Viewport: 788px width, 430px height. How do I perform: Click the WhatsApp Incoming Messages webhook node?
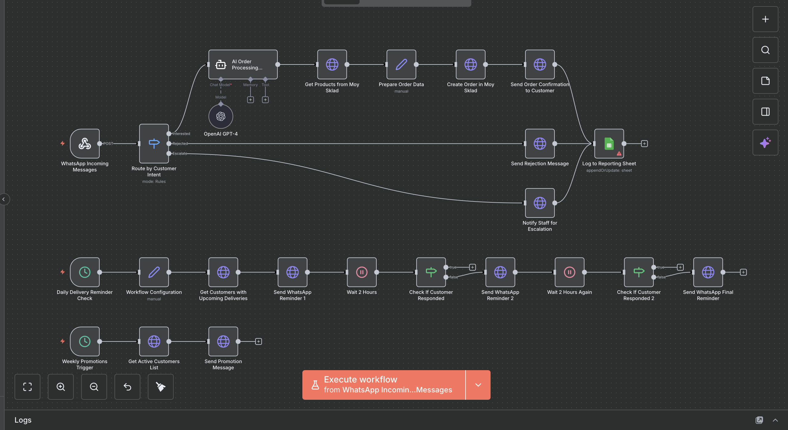[85, 143]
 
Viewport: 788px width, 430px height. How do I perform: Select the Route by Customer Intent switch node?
[154, 143]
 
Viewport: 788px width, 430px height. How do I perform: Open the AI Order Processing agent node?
[243, 64]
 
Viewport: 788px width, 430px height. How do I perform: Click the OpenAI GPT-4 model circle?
[221, 116]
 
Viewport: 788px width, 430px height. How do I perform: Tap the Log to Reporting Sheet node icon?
[609, 143]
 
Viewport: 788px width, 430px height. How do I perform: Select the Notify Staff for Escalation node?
[540, 203]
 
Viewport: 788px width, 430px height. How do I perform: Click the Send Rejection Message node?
[540, 143]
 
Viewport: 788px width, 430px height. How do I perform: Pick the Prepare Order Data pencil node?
[401, 64]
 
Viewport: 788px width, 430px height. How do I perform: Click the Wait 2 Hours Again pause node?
[569, 272]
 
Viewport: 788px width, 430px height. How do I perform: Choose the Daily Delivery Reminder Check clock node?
[85, 272]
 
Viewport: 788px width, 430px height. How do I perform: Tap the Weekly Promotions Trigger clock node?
[85, 341]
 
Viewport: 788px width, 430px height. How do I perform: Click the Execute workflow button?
[384, 385]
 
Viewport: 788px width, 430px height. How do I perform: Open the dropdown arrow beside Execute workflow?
[478, 385]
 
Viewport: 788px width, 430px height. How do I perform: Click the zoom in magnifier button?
[61, 387]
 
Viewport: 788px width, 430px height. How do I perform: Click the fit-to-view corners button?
[27, 387]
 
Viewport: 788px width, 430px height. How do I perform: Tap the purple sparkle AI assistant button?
[765, 143]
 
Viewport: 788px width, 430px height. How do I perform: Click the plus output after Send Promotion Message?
[259, 341]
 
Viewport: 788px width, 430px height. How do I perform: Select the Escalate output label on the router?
[180, 153]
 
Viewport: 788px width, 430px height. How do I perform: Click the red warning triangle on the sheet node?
[619, 153]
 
